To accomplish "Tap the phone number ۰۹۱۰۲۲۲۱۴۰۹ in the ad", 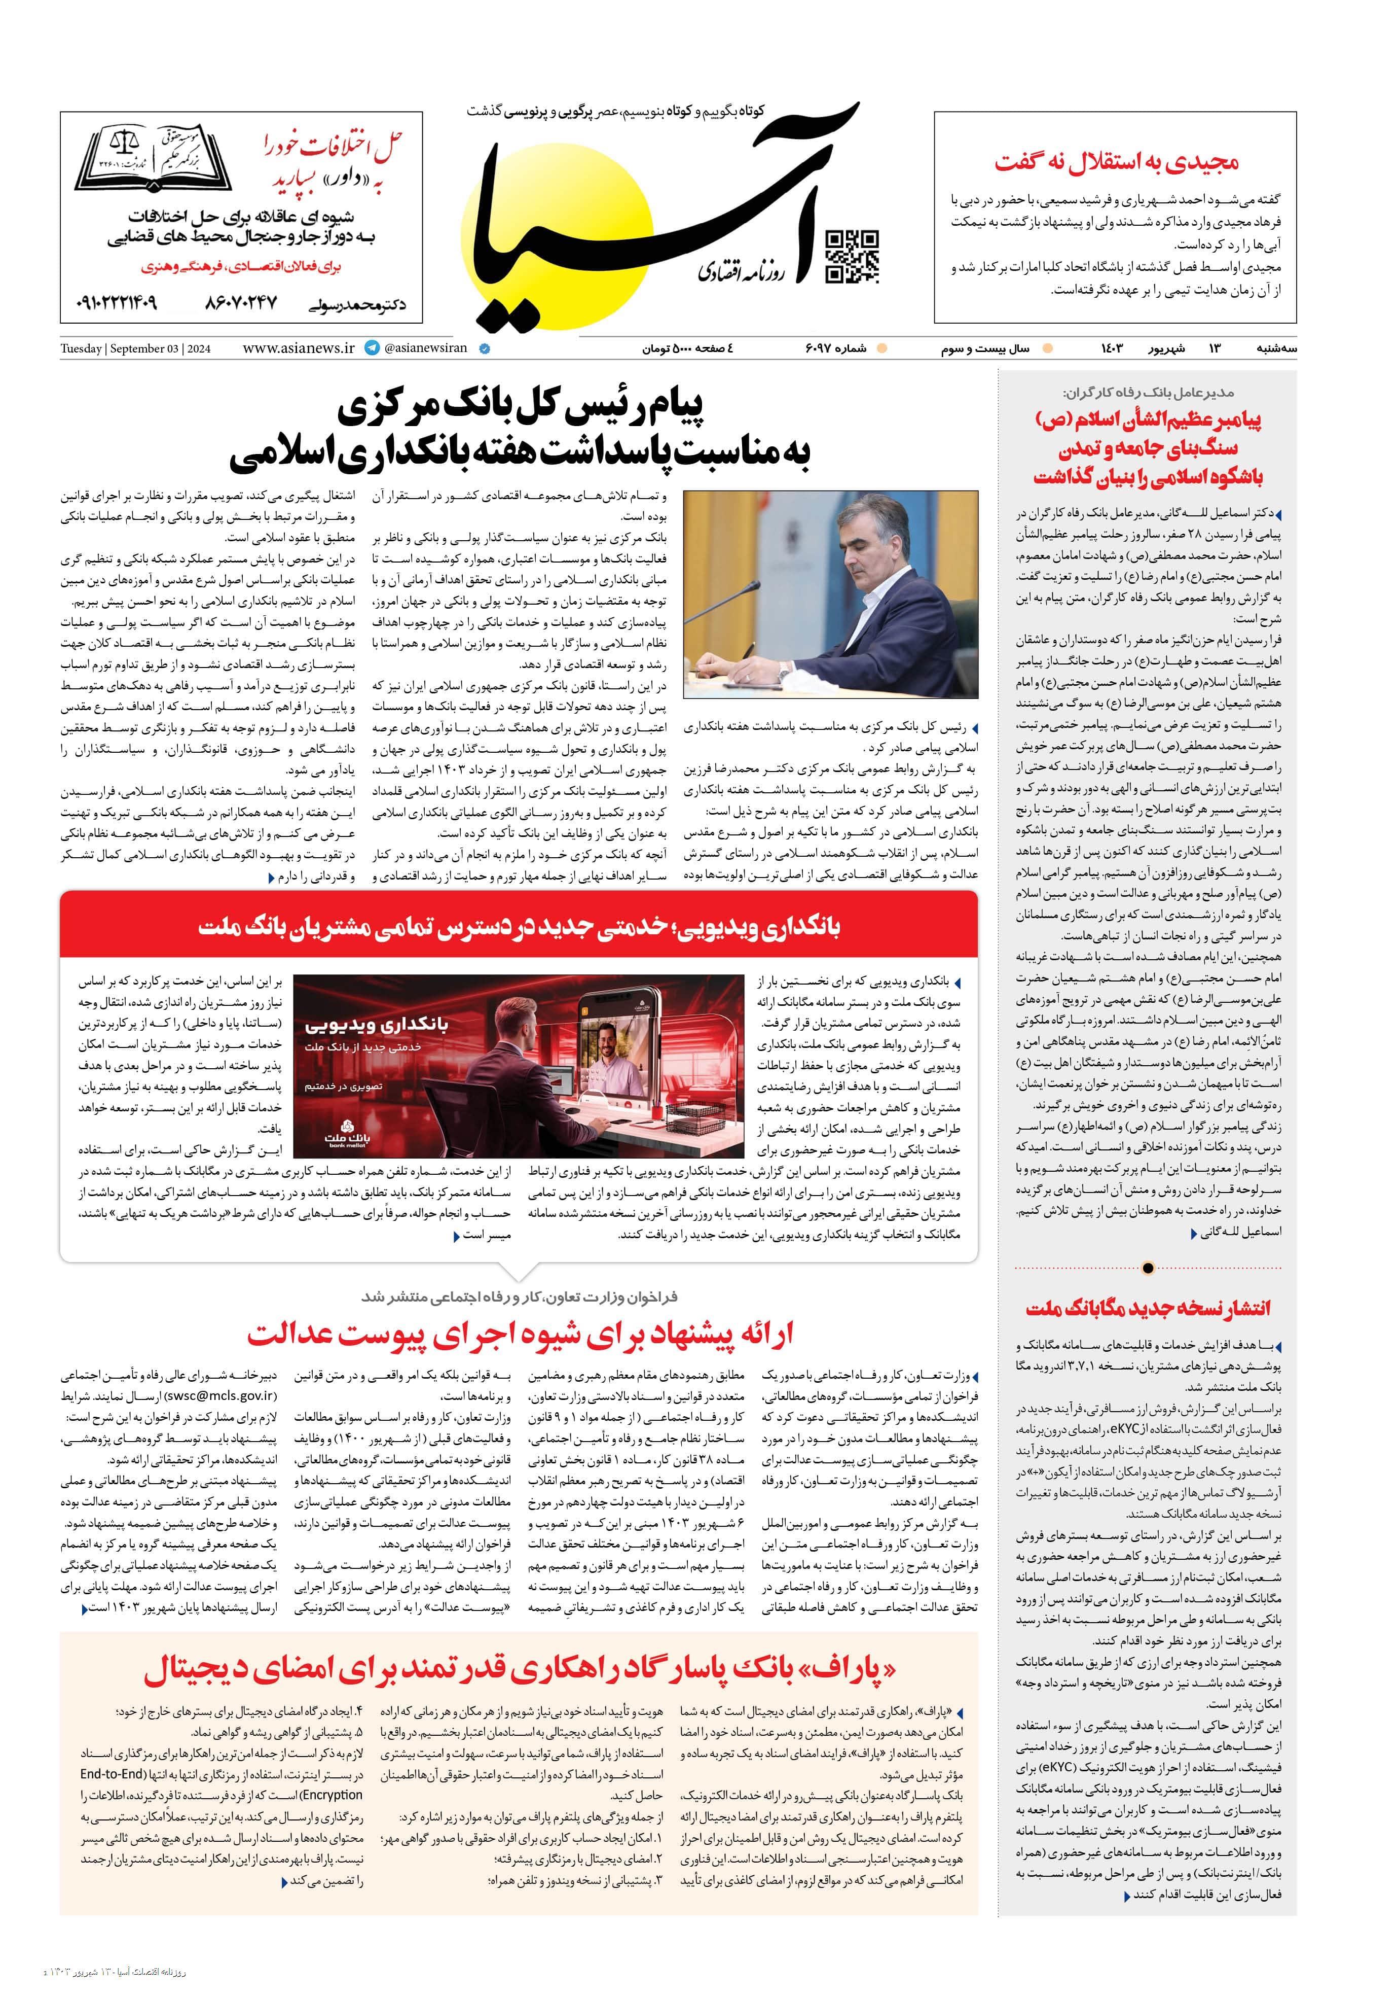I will point(118,303).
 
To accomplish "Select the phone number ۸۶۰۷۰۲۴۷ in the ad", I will point(241,303).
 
